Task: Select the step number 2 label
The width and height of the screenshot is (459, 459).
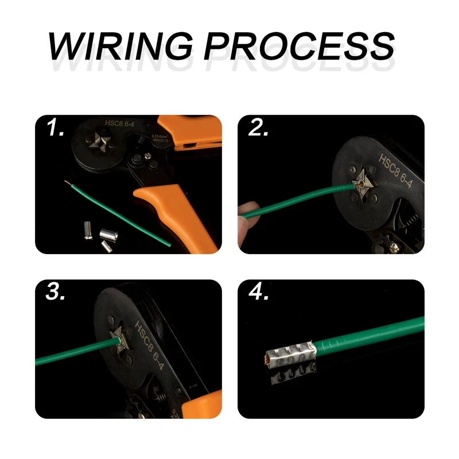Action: point(259,130)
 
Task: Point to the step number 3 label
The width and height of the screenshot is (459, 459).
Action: point(56,293)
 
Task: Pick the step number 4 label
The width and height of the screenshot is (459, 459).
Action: point(259,293)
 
